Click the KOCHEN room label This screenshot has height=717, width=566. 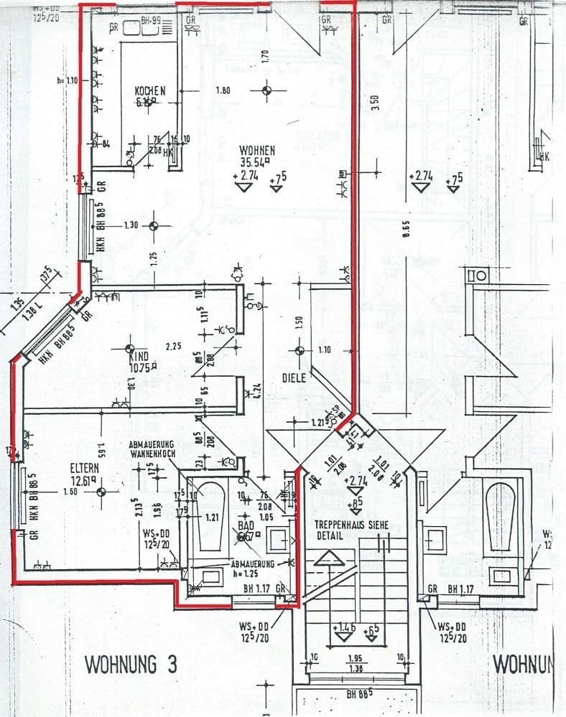click(x=150, y=90)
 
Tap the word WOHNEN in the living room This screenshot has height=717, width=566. click(x=257, y=150)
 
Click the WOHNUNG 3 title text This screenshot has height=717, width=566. click(x=131, y=664)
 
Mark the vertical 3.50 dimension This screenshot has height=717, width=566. click(x=374, y=101)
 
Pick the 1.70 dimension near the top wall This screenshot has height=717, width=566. click(x=265, y=54)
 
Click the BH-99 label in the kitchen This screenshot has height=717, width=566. click(x=149, y=23)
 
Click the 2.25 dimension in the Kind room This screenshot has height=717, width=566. click(x=172, y=347)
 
